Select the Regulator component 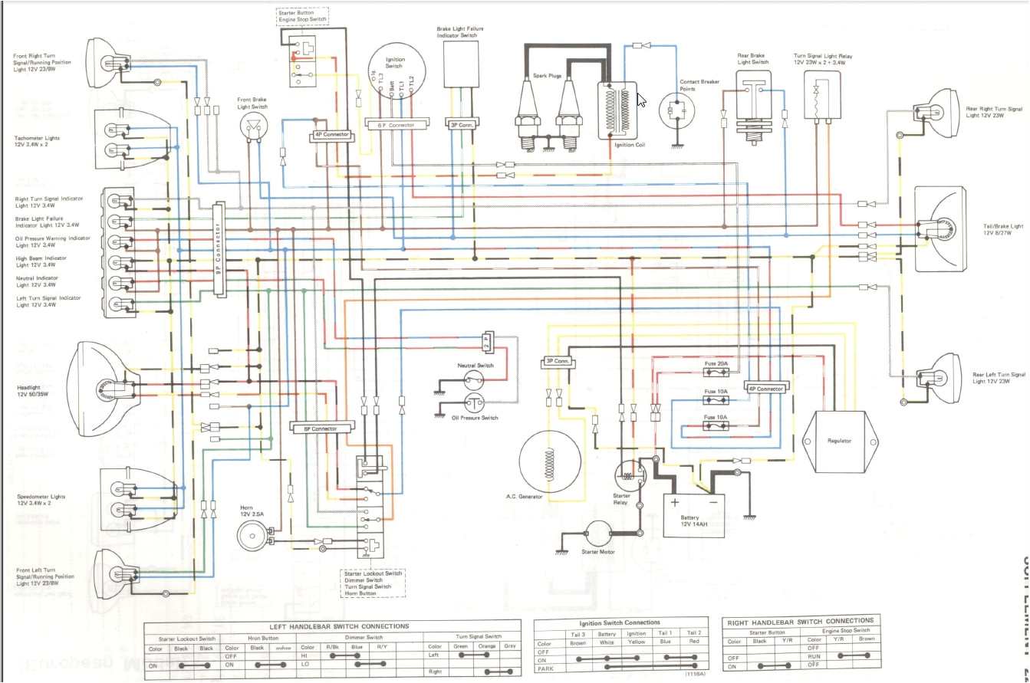(839, 440)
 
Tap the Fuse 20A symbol (716, 373)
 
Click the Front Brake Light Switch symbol (254, 127)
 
